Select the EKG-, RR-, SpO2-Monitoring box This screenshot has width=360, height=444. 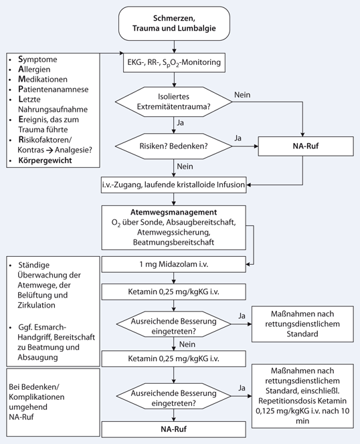click(175, 64)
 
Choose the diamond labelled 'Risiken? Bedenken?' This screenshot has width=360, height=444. click(175, 143)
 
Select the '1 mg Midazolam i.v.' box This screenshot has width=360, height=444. click(174, 265)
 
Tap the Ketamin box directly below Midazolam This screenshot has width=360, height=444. click(174, 292)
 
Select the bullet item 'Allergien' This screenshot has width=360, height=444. click(35, 72)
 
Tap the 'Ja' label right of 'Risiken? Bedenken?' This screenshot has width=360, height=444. click(237, 136)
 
